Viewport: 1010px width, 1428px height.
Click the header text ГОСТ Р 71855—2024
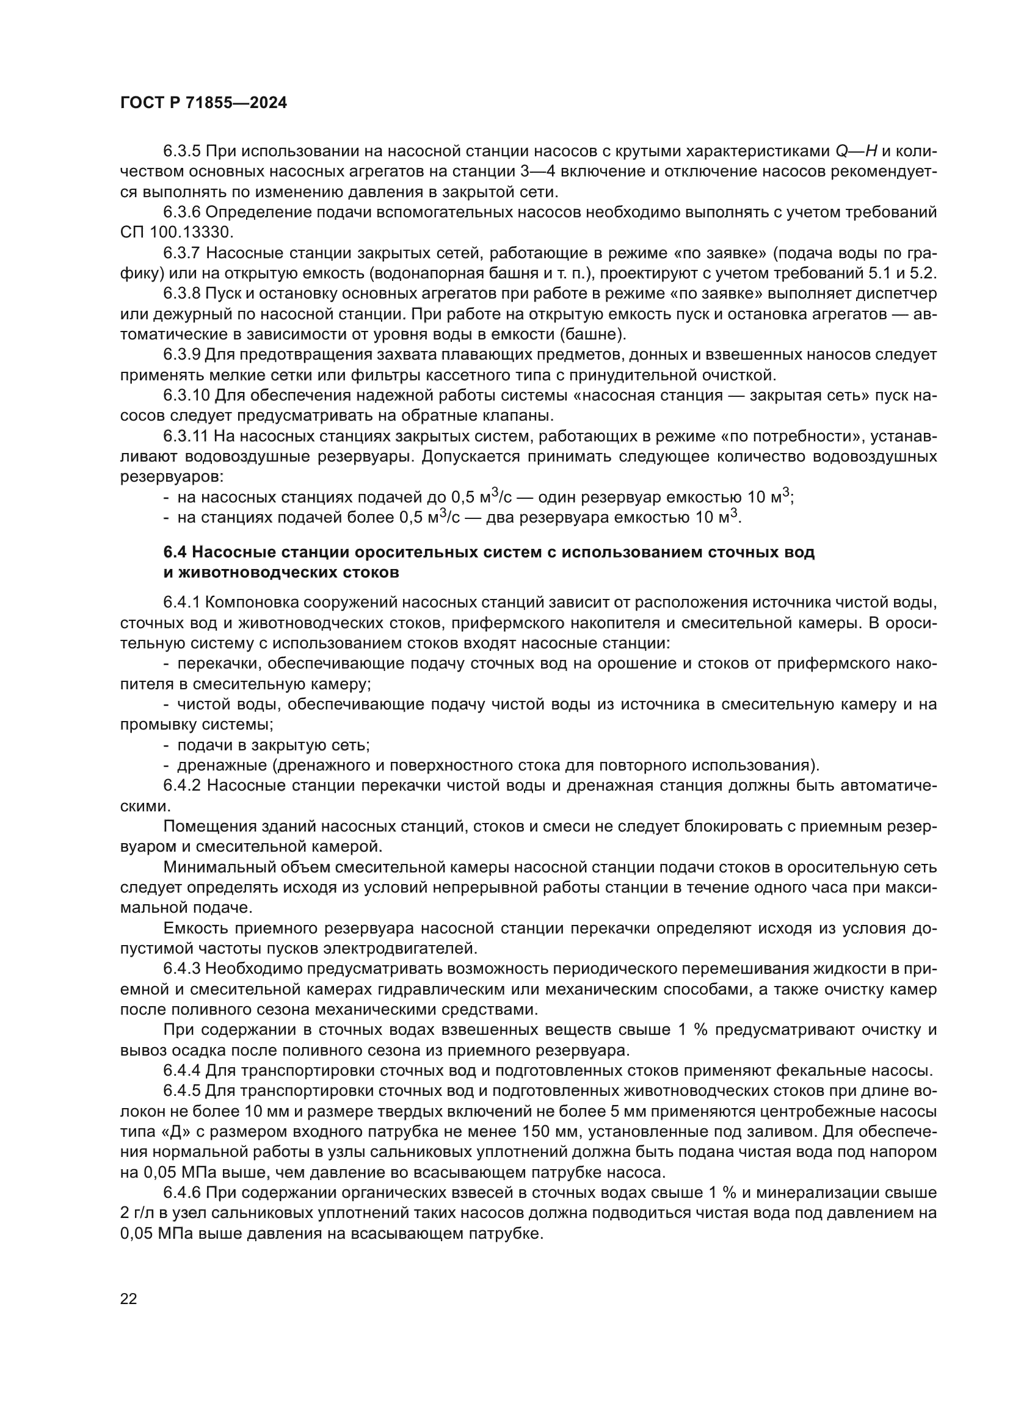pyautogui.click(x=203, y=103)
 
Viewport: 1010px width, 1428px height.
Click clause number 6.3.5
pyautogui.click(x=182, y=151)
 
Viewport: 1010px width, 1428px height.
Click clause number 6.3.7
pyautogui.click(x=182, y=253)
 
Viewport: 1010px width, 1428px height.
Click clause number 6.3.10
pyautogui.click(x=187, y=396)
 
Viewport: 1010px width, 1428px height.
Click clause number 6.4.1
pyautogui.click(x=182, y=603)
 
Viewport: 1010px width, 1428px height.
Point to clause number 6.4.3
pyautogui.click(x=182, y=968)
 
